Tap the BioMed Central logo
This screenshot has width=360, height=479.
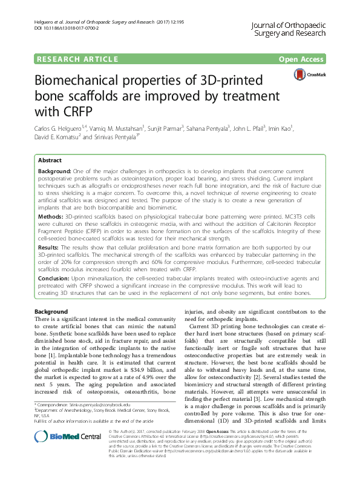(59, 454)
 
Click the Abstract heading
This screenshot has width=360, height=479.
(49, 160)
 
